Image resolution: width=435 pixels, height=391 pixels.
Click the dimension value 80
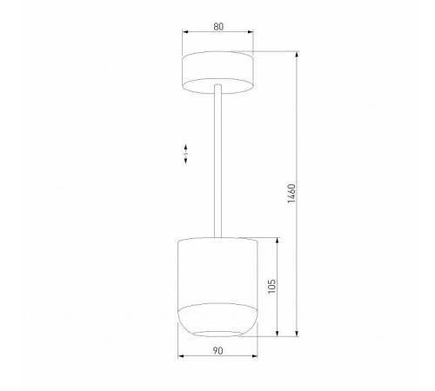217,27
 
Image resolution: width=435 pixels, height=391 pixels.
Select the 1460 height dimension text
292,195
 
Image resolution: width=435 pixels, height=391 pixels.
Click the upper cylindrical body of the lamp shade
217,269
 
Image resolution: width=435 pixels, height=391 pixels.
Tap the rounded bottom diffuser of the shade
217,320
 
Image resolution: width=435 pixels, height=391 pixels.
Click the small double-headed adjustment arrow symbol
186,155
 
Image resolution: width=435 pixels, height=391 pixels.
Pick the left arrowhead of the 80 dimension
184,35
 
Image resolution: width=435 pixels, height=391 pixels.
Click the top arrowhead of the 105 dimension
278,238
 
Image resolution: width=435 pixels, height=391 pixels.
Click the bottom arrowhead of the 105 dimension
278,335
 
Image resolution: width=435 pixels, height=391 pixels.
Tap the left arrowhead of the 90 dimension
179,357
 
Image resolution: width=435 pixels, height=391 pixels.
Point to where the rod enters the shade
217,235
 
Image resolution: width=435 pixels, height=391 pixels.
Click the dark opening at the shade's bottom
217,333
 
